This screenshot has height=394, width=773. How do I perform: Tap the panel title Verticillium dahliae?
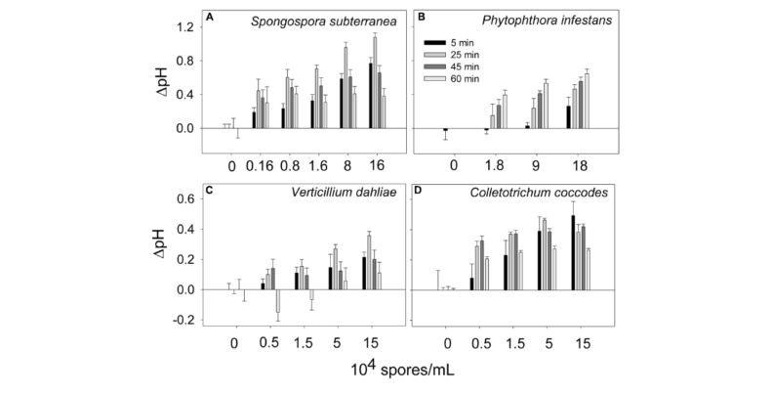[327, 192]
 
